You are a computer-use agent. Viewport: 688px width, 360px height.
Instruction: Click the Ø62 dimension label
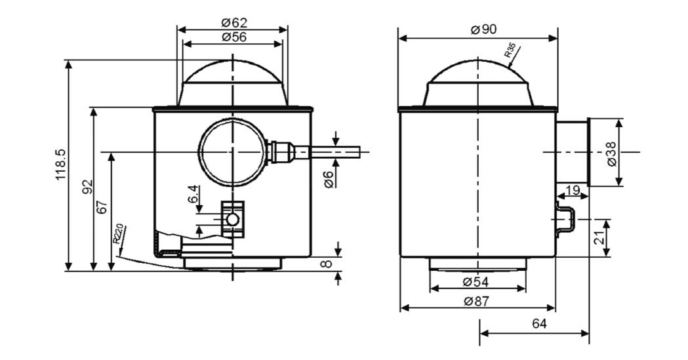click(x=233, y=22)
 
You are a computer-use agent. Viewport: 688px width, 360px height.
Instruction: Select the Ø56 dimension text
click(x=233, y=37)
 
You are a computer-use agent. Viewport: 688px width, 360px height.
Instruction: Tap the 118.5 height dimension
click(x=60, y=165)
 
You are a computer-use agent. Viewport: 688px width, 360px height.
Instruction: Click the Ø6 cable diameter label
click(x=329, y=176)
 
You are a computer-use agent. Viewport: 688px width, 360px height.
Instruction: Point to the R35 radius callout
click(x=512, y=50)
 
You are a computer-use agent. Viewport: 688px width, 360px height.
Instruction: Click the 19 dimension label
click(x=573, y=190)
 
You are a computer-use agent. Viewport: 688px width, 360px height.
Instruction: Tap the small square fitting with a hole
click(x=232, y=218)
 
